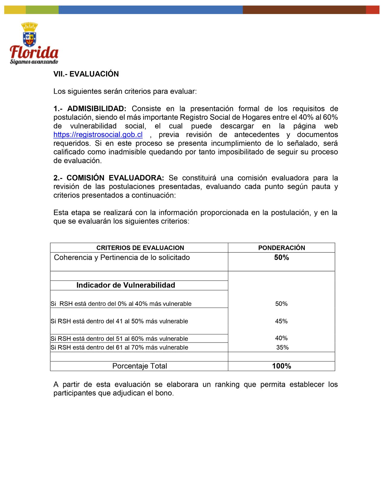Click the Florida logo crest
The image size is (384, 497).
tap(30, 35)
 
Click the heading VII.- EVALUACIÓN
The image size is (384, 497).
tap(86, 74)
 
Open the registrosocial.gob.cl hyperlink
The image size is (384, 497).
tap(98, 135)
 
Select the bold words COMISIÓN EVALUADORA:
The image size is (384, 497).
tap(115, 178)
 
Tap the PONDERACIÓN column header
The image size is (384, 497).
tap(281, 248)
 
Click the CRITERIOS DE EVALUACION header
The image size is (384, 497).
tap(140, 248)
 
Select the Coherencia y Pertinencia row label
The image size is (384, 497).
tap(122, 258)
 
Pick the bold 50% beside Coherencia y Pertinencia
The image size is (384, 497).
tap(281, 258)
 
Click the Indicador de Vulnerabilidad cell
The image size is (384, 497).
tap(126, 285)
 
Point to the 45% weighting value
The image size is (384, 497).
tap(281, 321)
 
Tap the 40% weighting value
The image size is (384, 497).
tap(281, 338)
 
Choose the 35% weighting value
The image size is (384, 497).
tap(282, 348)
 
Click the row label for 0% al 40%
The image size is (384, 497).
tap(121, 304)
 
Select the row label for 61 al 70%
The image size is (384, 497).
tap(119, 348)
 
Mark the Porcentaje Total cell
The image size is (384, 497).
tap(139, 366)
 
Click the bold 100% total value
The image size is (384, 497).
tap(281, 366)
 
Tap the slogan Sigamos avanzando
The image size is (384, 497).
tap(34, 62)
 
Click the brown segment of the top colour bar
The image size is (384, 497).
tap(304, 10)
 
